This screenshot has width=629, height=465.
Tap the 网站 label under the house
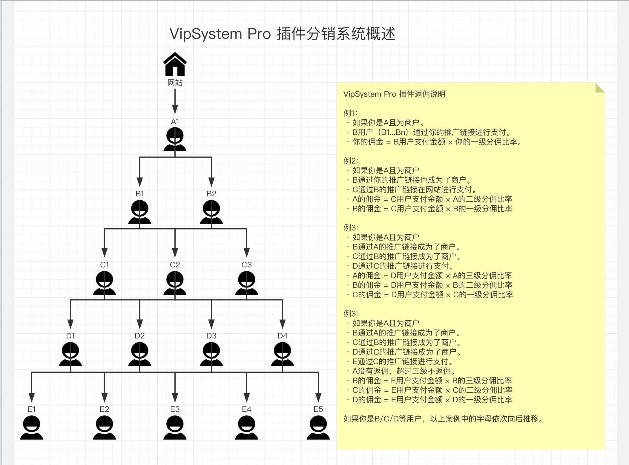175,83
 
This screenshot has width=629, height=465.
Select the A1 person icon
175,139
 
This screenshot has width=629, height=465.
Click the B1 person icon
140,212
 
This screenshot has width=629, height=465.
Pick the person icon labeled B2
211,212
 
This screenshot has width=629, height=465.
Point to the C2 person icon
175,283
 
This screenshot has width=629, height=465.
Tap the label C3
247,265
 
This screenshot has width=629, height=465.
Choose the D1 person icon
70,354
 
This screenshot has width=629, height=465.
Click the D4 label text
283,336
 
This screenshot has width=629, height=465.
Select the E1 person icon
32,427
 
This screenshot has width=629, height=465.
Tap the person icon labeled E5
318,427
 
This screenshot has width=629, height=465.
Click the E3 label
175,409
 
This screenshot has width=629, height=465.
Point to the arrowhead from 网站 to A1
175,109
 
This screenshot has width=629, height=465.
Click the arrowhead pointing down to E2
105,398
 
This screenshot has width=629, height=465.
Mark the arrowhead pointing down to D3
211,324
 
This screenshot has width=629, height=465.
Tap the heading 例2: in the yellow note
351,161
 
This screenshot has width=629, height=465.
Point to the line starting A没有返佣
404,371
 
